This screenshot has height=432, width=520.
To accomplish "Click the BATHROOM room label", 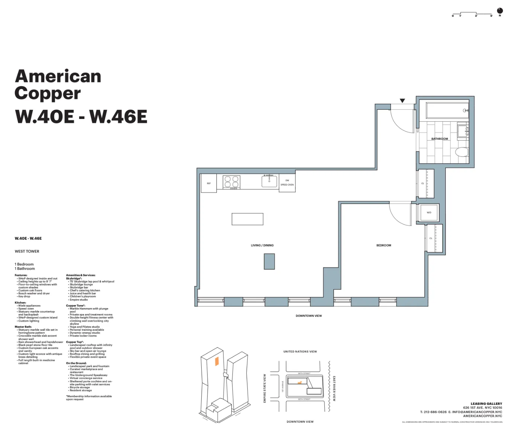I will coord(439,139).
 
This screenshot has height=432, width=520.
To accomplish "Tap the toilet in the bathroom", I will coord(462,152).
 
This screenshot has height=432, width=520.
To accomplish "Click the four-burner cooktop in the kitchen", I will coord(231,182).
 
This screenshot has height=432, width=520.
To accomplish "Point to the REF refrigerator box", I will coord(209,184).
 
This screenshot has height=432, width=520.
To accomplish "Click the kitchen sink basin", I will coord(269,181).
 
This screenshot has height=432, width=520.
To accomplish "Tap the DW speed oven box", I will coord(287,183).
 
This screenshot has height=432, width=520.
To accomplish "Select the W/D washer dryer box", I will coord(429,213).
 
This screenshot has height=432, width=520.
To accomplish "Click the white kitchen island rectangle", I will coord(247,219).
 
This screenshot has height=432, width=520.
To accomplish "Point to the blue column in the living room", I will coord(269,261).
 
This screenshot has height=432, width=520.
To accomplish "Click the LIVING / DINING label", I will coord(262,245).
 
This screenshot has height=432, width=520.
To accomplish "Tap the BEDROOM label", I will coord(383,245).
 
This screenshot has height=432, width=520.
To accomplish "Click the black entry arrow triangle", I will coord(402,101).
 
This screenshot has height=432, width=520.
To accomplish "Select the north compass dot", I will coord(500,11).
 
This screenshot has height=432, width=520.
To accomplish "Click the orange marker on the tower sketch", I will coord(216,361).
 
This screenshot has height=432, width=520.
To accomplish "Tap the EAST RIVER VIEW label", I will coord(334,388).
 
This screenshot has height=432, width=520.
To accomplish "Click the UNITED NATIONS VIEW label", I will coord(300,351).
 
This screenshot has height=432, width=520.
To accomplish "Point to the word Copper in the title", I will coord(48,93).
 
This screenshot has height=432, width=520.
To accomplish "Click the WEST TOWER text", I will coord(27,251).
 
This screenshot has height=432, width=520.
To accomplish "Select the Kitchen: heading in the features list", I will coord(20,303).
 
